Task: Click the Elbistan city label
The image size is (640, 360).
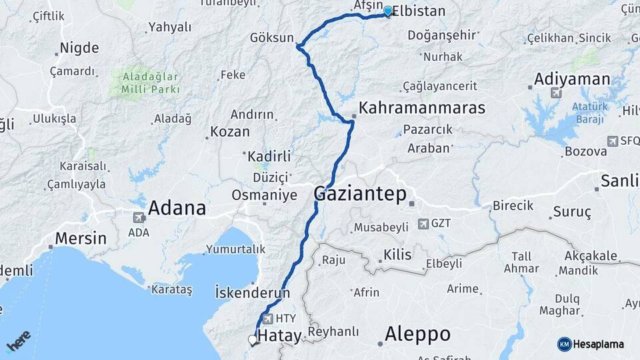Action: click(x=419, y=11)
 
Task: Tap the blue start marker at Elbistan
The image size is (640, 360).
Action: click(x=388, y=11)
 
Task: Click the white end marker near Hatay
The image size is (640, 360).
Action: click(x=253, y=340)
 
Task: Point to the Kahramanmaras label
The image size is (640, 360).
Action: click(x=422, y=107)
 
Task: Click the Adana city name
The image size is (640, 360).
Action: click(x=177, y=208)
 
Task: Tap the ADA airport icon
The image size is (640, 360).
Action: click(x=139, y=217)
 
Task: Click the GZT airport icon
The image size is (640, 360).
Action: click(x=423, y=224)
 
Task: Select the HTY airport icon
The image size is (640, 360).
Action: click(x=269, y=319)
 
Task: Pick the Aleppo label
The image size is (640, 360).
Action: click(x=418, y=333)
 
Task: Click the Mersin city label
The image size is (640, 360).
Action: click(x=81, y=238)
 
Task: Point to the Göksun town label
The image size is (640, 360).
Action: click(x=271, y=38)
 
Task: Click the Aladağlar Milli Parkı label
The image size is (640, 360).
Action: click(x=151, y=82)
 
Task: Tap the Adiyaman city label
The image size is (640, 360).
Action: click(x=572, y=80)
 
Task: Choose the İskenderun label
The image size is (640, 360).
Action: click(x=253, y=292)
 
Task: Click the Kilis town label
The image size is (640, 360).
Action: click(x=397, y=254)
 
